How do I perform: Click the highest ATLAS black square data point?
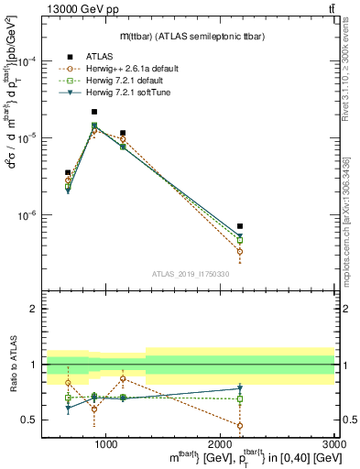click(94, 112)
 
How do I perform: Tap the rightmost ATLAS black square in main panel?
click(240, 225)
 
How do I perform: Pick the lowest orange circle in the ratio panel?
click(240, 425)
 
